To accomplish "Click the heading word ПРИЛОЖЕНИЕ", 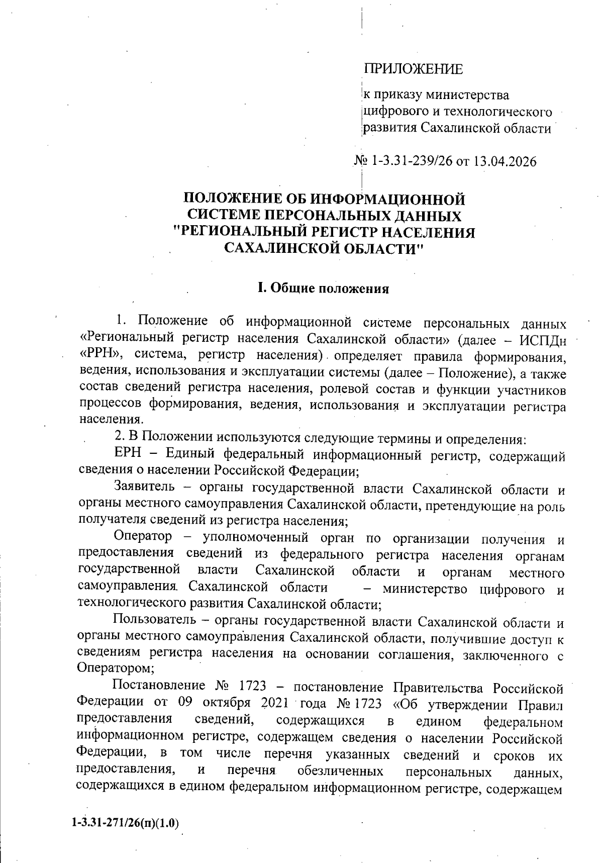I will coord(413,69).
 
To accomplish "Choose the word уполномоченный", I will coord(255,538).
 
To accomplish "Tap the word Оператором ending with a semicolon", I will coord(114,668).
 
